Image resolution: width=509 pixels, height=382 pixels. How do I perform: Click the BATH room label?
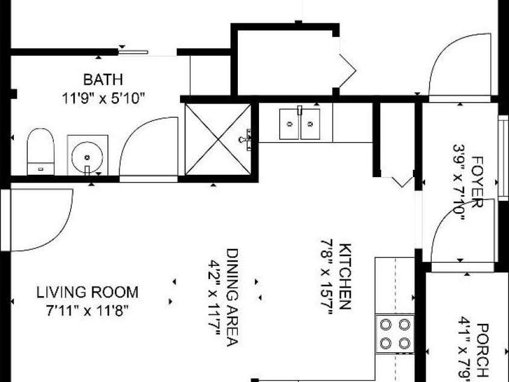(x=103, y=80)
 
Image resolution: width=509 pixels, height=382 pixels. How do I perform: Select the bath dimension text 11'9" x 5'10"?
(x=103, y=98)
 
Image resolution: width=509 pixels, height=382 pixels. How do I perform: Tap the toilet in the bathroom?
(x=40, y=152)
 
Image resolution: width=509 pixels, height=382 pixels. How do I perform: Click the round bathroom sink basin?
(x=87, y=157)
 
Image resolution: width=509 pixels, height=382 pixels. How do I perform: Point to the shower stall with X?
(x=218, y=139)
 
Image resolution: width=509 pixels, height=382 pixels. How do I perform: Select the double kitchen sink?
(x=299, y=124)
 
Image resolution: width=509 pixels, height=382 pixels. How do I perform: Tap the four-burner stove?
(x=395, y=334)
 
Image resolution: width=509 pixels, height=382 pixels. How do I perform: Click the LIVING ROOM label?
(x=88, y=293)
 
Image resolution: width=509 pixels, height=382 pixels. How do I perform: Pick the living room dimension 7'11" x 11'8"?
(x=88, y=311)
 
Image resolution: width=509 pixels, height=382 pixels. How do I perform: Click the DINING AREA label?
(x=232, y=297)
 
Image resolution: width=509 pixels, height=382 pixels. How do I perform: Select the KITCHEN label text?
(x=345, y=276)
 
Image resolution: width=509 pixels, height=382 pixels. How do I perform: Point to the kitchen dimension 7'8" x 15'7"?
(x=327, y=277)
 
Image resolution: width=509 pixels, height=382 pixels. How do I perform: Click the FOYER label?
(x=477, y=182)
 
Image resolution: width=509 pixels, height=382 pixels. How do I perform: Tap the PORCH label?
(x=482, y=350)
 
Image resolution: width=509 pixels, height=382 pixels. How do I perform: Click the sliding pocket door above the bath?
(x=133, y=51)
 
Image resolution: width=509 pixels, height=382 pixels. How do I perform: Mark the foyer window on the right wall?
(x=504, y=158)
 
